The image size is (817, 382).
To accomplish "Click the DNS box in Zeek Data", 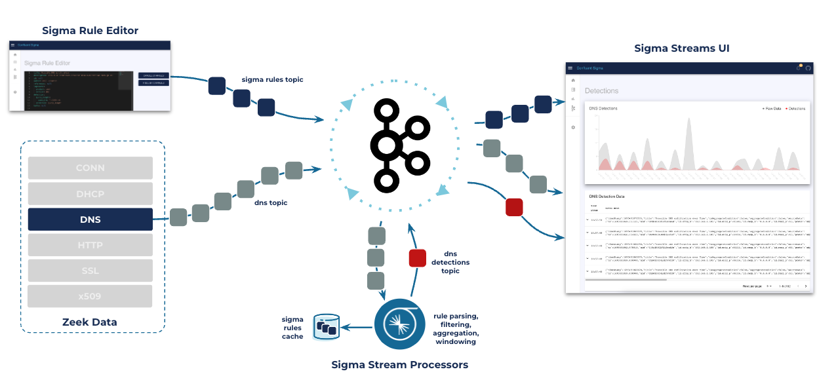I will [x=90, y=220].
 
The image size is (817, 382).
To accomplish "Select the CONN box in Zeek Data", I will [x=90, y=168].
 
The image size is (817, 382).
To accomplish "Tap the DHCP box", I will [x=90, y=194].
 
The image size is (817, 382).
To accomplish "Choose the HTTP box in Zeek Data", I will [x=90, y=245].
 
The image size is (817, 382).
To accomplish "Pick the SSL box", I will [x=90, y=271].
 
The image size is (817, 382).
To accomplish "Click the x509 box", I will [x=90, y=296].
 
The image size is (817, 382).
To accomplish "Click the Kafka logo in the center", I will [x=398, y=145].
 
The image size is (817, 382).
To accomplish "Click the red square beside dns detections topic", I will [x=418, y=258].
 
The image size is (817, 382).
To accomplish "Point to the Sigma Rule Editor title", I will [x=90, y=31].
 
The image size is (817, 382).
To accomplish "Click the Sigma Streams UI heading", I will [x=682, y=48].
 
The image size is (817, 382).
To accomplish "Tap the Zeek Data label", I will [x=90, y=322].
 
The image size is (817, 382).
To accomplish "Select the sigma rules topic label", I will [x=272, y=80].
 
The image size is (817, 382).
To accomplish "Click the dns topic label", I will [x=270, y=202].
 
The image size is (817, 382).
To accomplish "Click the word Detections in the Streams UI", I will [x=601, y=90].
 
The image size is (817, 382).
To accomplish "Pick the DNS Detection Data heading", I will [x=607, y=196].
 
